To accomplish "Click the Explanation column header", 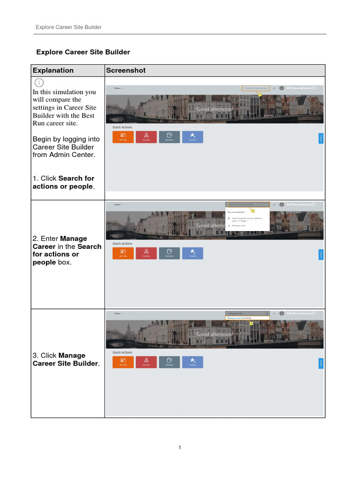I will [x=53, y=70].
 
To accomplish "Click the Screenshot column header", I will [x=126, y=70].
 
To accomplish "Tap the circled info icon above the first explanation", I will [x=40, y=83].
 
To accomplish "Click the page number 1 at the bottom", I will [x=180, y=448].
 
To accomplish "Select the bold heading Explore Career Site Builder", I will [x=83, y=52].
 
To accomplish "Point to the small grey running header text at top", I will [x=68, y=27].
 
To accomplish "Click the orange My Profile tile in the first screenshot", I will [x=123, y=137].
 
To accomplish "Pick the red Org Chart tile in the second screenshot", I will [x=146, y=253].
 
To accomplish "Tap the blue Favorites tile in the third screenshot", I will [x=193, y=362].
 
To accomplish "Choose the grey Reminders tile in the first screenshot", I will [x=169, y=137].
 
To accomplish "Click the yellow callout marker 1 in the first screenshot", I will [x=259, y=95].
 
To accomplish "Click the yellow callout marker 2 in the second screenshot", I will [x=253, y=211].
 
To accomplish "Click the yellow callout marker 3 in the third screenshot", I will [x=251, y=323].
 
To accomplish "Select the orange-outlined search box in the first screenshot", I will [x=256, y=88].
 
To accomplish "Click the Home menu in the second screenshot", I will [x=118, y=204].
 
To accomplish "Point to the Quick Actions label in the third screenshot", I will [x=122, y=352].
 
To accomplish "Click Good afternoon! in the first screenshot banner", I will [x=214, y=109].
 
